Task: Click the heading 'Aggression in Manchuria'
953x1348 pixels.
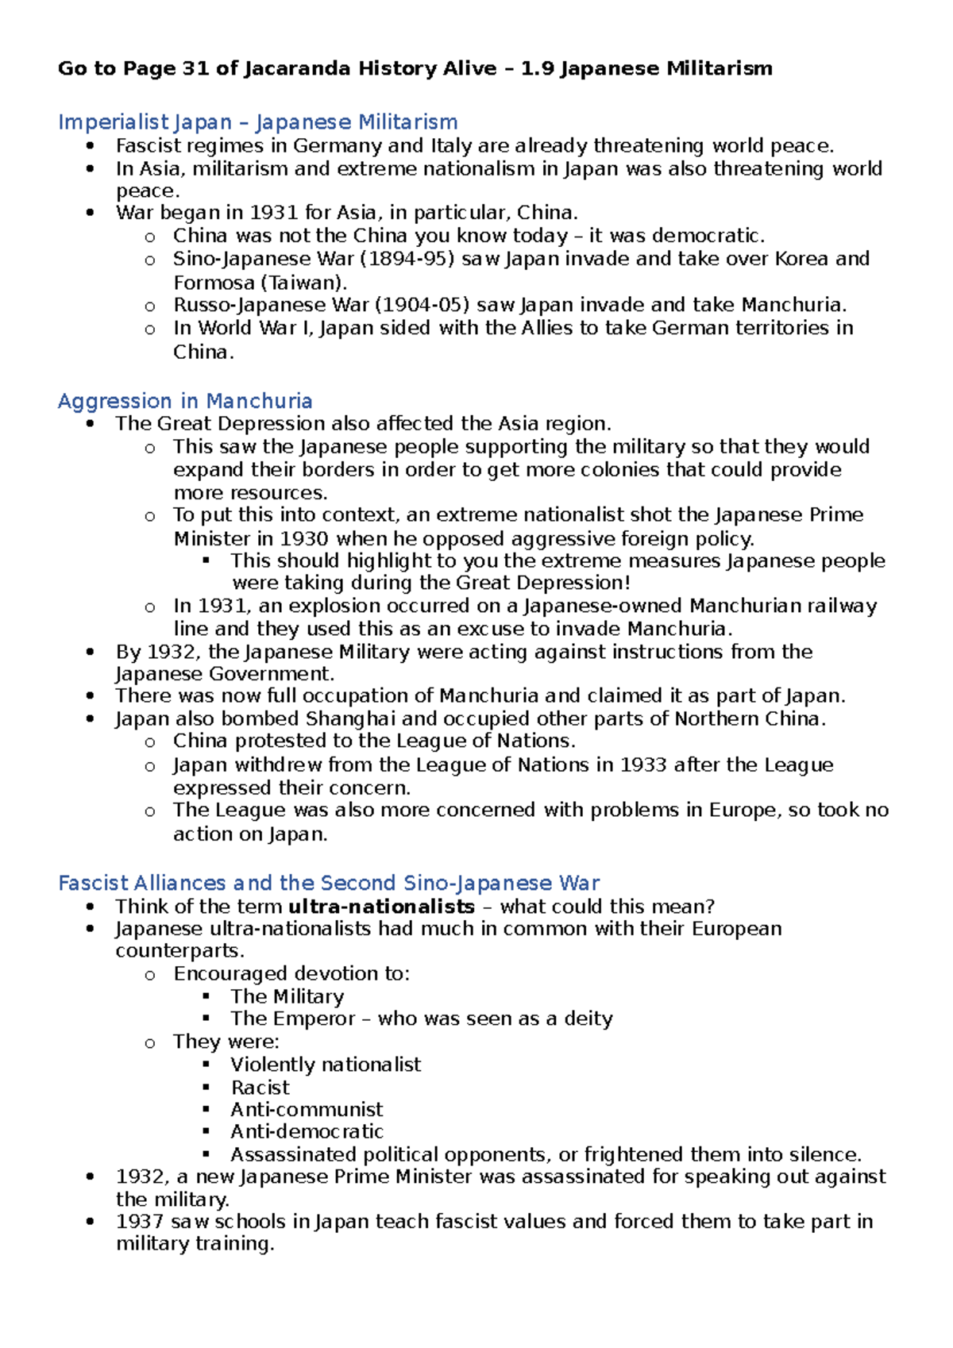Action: (x=184, y=401)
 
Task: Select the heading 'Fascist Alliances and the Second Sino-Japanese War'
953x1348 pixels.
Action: (x=329, y=883)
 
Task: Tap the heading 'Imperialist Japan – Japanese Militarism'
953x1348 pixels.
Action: (x=257, y=122)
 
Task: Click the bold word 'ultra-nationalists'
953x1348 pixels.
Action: (x=381, y=907)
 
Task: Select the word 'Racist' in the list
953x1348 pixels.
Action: (x=260, y=1087)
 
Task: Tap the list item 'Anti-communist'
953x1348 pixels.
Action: (x=307, y=1109)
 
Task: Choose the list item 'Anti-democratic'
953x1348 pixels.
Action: (x=307, y=1131)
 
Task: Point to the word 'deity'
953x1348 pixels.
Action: (x=588, y=1019)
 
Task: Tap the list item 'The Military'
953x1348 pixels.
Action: (x=287, y=996)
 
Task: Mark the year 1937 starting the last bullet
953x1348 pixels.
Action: (x=140, y=1221)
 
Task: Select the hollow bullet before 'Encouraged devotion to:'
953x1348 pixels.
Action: (x=149, y=976)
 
